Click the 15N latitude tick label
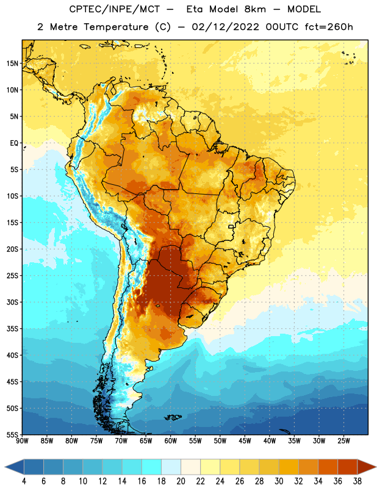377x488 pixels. tap(12, 63)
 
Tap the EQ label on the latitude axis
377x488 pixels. tap(14, 143)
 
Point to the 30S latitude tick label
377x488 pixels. tap(12, 302)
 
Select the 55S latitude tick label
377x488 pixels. tap(12, 434)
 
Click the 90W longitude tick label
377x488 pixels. tap(22, 440)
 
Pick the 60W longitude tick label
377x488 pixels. tap(171, 440)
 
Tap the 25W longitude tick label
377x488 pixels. tap(343, 440)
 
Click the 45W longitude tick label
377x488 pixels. tap(245, 440)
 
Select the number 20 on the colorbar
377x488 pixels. tap(181, 481)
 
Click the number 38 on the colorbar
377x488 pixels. tap(357, 481)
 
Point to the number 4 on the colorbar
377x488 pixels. tap(24, 481)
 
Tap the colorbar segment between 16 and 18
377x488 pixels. tap(151, 467)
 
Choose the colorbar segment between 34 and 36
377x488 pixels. tap(328, 467)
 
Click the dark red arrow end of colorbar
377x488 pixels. tap(365, 467)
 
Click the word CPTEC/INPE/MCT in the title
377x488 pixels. tap(115, 9)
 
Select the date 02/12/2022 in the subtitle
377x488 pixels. tap(225, 27)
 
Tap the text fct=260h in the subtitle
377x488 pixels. tap(329, 27)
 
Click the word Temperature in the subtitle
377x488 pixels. tap(116, 27)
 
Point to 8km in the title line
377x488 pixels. tap(255, 9)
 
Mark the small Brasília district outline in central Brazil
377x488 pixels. tap(231, 226)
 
